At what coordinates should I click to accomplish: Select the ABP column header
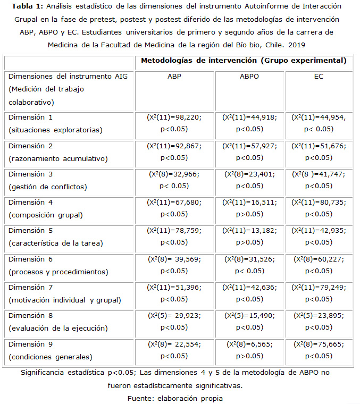click(x=173, y=76)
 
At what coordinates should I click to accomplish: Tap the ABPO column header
click(x=250, y=76)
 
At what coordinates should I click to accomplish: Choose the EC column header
click(x=319, y=76)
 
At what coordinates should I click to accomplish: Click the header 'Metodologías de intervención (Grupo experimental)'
click(x=244, y=61)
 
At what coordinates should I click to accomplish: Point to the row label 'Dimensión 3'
click(x=30, y=174)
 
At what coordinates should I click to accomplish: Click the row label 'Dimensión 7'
click(x=30, y=287)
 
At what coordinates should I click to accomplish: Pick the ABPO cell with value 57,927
click(x=250, y=150)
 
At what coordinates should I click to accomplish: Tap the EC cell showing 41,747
click(x=319, y=179)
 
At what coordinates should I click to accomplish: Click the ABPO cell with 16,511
click(x=250, y=208)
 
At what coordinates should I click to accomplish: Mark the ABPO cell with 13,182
click(x=250, y=237)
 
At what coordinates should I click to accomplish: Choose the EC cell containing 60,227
click(x=319, y=264)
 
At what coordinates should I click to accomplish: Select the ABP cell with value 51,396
click(x=174, y=293)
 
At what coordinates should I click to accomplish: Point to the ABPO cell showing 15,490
click(x=250, y=321)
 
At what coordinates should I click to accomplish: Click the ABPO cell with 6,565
click(x=250, y=349)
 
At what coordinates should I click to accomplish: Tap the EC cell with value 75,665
click(x=319, y=349)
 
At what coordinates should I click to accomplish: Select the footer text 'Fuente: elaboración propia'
click(x=175, y=398)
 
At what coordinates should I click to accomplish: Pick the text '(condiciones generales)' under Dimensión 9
click(x=51, y=356)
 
